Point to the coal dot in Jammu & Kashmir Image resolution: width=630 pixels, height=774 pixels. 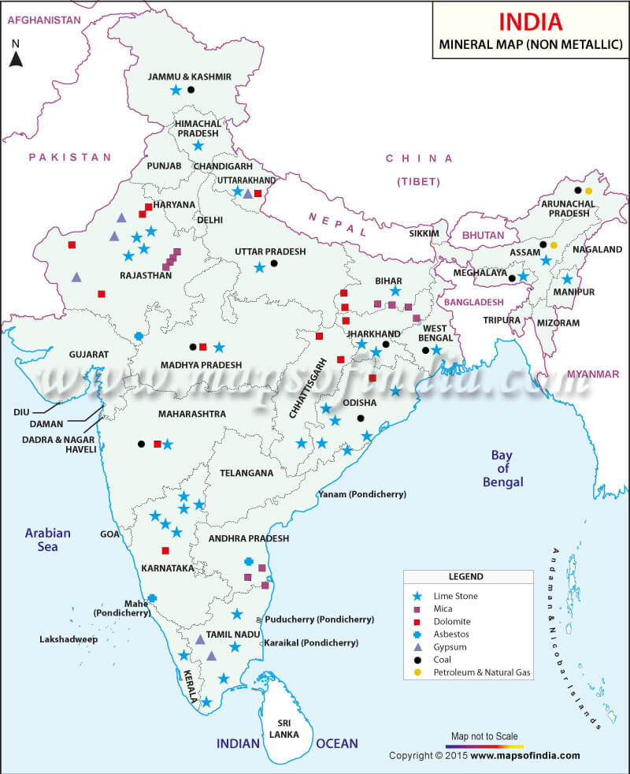(191, 90)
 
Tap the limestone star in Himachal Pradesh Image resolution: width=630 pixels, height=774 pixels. (198, 146)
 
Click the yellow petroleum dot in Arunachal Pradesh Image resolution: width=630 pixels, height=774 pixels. (588, 191)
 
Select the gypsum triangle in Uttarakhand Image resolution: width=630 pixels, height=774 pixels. (247, 193)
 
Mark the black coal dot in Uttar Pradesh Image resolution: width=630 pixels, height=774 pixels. (274, 263)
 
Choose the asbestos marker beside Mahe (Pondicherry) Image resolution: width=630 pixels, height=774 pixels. (152, 598)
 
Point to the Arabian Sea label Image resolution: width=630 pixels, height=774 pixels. (47, 540)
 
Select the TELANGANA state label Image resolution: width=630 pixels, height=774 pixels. (246, 473)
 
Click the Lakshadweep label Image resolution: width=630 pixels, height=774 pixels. (69, 639)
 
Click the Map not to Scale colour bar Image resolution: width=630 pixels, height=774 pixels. (484, 746)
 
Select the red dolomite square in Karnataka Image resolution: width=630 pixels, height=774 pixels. (165, 550)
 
